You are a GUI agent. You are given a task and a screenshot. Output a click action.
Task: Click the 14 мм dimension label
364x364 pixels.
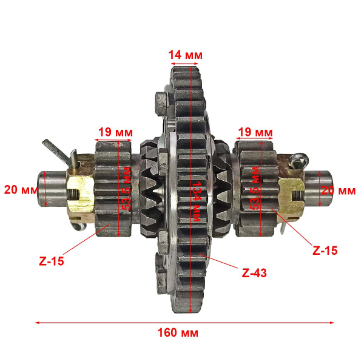pyautogui.click(x=185, y=55)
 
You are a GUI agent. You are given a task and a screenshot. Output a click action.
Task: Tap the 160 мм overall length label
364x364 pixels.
pyautogui.click(x=181, y=333)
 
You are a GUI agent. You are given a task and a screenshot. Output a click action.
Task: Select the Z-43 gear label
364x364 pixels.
pyautogui.click(x=254, y=273)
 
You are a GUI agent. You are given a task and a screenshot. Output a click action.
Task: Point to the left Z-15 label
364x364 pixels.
pyautogui.click(x=51, y=261)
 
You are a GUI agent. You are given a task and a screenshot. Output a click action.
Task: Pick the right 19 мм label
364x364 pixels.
pyautogui.click(x=255, y=132)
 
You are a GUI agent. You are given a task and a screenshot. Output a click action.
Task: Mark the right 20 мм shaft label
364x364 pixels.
pyautogui.click(x=337, y=190)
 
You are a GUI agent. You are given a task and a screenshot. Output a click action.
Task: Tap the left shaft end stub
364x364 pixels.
pyautogui.click(x=52, y=187)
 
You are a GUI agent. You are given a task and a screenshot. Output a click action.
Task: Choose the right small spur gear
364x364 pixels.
pyautogui.click(x=255, y=188)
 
